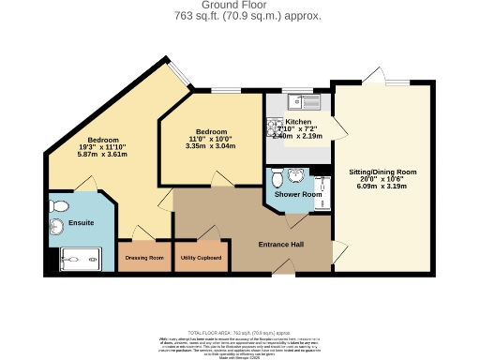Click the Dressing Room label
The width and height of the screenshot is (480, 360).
pyautogui.click(x=143, y=258)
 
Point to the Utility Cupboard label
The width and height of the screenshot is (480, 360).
pyautogui.click(x=201, y=258)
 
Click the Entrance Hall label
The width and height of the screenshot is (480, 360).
pyautogui.click(x=280, y=245)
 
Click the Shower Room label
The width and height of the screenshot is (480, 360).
pyautogui.click(x=297, y=194)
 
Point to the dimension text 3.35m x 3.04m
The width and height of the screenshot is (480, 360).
pyautogui.click(x=210, y=145)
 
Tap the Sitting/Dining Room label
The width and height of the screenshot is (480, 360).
pyautogui.click(x=382, y=172)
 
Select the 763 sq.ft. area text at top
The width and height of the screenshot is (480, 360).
pyautogui.click(x=247, y=17)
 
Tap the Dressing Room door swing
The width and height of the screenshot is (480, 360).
pyautogui.click(x=141, y=232)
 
